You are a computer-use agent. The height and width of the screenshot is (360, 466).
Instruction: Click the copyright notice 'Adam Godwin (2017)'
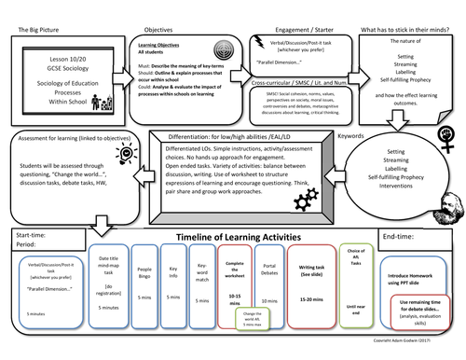click(x=424, y=353)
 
